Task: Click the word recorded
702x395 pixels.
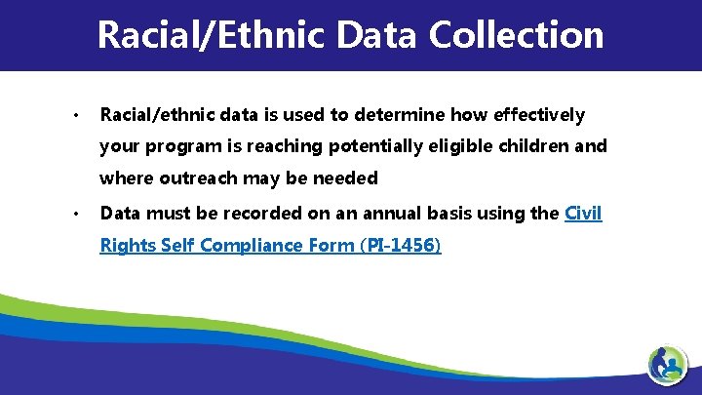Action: point(262,213)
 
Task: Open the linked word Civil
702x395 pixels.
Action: point(583,213)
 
